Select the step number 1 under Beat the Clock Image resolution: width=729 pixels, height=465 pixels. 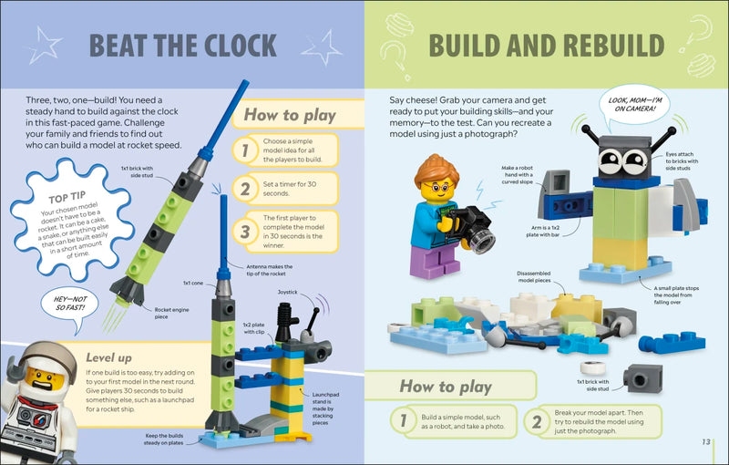tap(244, 150)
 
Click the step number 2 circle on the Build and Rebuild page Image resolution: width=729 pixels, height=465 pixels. tap(538, 421)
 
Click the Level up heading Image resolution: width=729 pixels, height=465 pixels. tap(108, 357)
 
